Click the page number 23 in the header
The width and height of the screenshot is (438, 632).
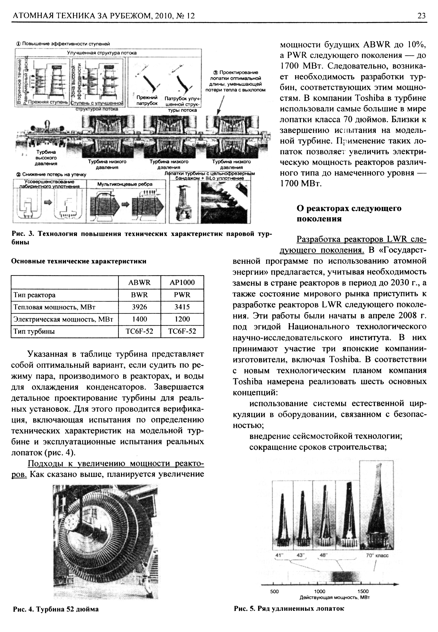(422, 16)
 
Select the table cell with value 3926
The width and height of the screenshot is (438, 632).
(139, 307)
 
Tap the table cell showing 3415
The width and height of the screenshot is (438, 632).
(182, 307)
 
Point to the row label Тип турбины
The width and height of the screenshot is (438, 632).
(34, 331)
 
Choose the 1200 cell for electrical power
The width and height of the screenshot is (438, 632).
(182, 319)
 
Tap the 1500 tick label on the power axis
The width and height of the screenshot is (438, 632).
(363, 592)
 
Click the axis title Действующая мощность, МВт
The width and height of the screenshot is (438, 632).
(335, 598)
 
